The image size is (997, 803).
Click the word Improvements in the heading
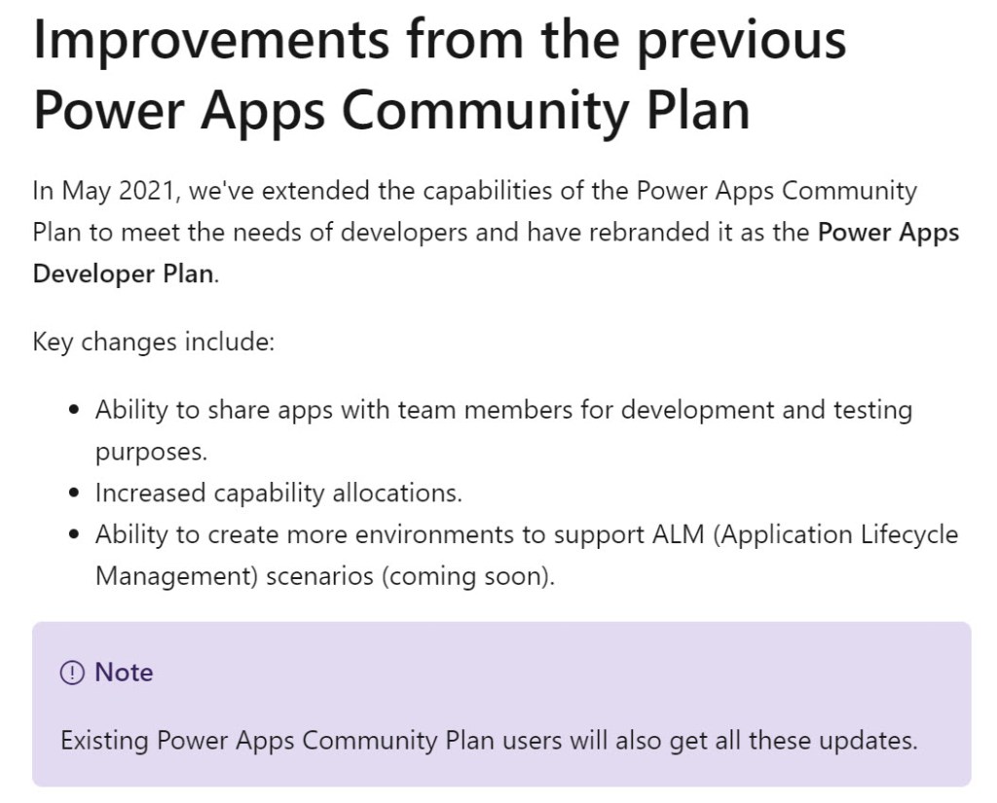click(x=211, y=39)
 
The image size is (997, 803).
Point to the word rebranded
click(x=649, y=232)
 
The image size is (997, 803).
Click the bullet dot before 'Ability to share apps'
click(x=75, y=410)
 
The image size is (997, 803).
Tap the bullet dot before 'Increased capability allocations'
click(x=75, y=493)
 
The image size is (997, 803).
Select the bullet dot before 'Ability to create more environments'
click(x=75, y=534)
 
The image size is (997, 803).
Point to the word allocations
click(x=397, y=493)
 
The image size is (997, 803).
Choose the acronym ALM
click(x=679, y=534)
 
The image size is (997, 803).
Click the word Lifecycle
click(x=909, y=535)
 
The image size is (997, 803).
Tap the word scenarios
click(x=319, y=576)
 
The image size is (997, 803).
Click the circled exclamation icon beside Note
click(x=72, y=673)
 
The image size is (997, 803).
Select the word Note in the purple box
click(x=124, y=672)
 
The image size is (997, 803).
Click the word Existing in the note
click(x=104, y=742)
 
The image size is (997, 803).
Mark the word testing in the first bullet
click(x=873, y=411)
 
